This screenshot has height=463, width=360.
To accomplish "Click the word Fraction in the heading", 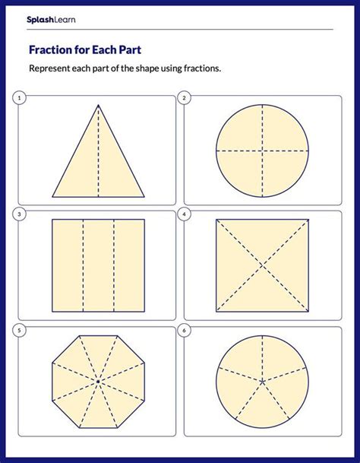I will click(50, 51).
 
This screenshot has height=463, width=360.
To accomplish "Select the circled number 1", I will click(19, 98).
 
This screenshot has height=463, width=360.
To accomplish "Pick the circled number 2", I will click(185, 98).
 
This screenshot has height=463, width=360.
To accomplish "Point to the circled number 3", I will click(19, 214).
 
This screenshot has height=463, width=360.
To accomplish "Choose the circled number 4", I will click(185, 214).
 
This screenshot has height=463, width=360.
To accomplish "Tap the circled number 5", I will click(19, 331).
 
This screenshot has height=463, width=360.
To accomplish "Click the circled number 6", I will click(185, 331).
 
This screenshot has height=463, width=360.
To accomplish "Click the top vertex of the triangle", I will click(98, 105).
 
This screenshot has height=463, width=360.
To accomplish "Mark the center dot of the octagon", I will click(98, 380).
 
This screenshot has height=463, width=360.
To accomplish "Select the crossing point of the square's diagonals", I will click(263, 265).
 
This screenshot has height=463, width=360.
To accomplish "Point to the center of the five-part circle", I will click(263, 380).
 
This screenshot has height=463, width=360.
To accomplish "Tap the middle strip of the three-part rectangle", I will click(98, 265).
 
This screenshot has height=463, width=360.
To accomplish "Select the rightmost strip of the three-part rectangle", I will click(128, 265).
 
